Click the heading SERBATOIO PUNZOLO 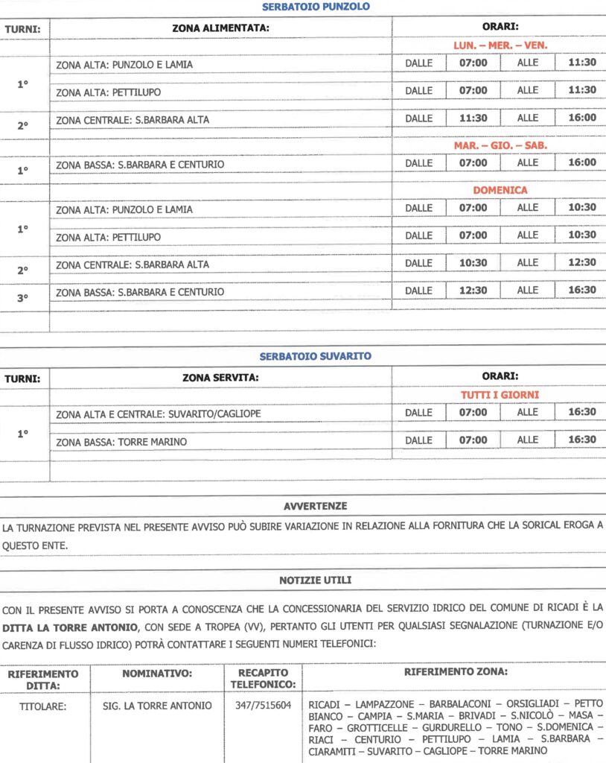pos(316,7)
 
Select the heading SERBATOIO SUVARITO pos(316,356)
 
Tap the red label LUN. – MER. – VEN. pos(500,45)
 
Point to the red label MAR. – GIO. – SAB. pos(500,145)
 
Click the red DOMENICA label pos(500,190)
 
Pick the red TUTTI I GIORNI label pos(500,394)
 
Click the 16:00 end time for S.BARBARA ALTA pos(581,118)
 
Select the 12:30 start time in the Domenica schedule pos(473,290)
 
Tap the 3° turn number pos(22,298)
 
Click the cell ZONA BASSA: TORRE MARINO pos(121,442)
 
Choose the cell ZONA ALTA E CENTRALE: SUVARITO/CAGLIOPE pos(159,414)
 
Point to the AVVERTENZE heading pos(315,506)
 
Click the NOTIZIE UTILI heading pos(315,580)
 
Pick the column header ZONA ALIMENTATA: pos(220,28)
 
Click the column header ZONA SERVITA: pos(220,377)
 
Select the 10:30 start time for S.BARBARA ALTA pos(473,263)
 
